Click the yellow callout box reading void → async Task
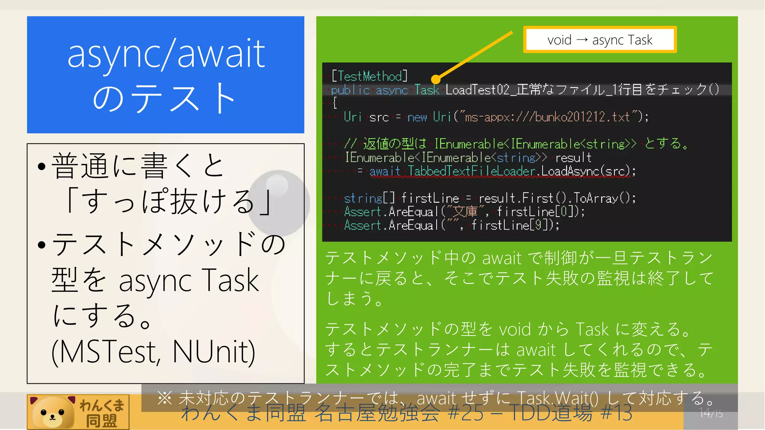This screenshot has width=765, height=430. (600, 40)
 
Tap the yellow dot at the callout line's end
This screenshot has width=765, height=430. (436, 79)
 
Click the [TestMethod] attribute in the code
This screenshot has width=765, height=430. (369, 76)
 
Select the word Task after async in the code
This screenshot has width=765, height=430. (427, 90)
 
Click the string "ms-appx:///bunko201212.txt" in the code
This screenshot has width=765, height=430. (547, 117)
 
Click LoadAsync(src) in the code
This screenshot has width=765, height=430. (588, 171)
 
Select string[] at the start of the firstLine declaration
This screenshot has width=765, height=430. (369, 198)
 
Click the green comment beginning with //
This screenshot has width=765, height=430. (515, 144)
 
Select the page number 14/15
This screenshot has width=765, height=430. (711, 414)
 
